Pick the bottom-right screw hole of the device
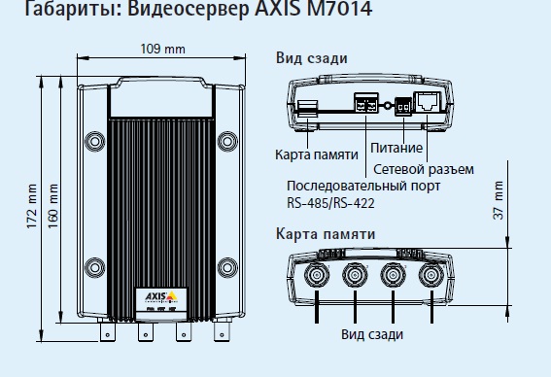[x=225, y=265]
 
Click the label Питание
[x=396, y=149]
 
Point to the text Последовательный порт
[x=362, y=186]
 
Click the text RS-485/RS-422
[x=330, y=203]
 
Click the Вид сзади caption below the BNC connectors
[x=372, y=333]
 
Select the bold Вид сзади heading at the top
[x=311, y=58]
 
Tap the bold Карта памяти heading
[x=324, y=234]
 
